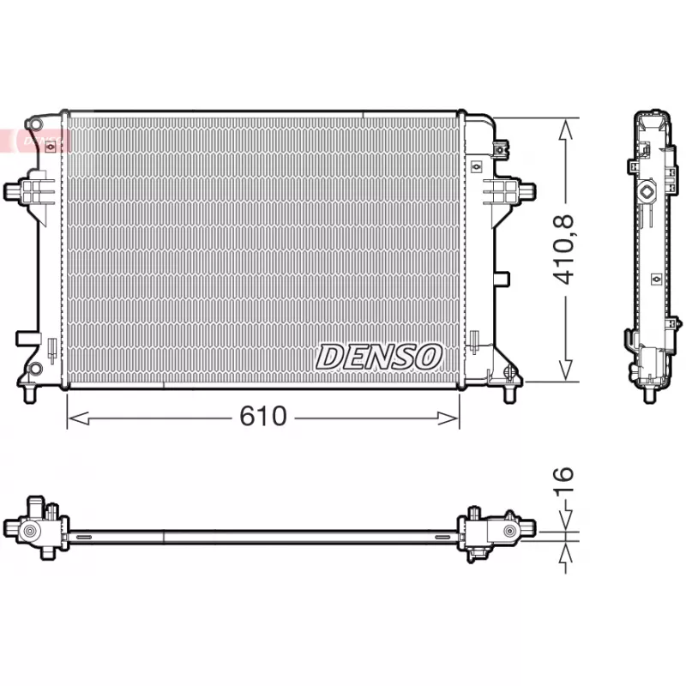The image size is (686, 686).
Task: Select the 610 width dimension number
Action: [263, 417]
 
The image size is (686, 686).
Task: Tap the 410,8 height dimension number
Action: [565, 250]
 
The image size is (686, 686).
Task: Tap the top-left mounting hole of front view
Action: [34, 126]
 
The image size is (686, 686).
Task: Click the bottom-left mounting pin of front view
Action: [32, 393]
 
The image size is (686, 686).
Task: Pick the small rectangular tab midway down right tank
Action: [502, 279]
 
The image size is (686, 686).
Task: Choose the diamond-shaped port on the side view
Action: [648, 190]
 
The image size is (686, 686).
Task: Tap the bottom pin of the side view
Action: [648, 395]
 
